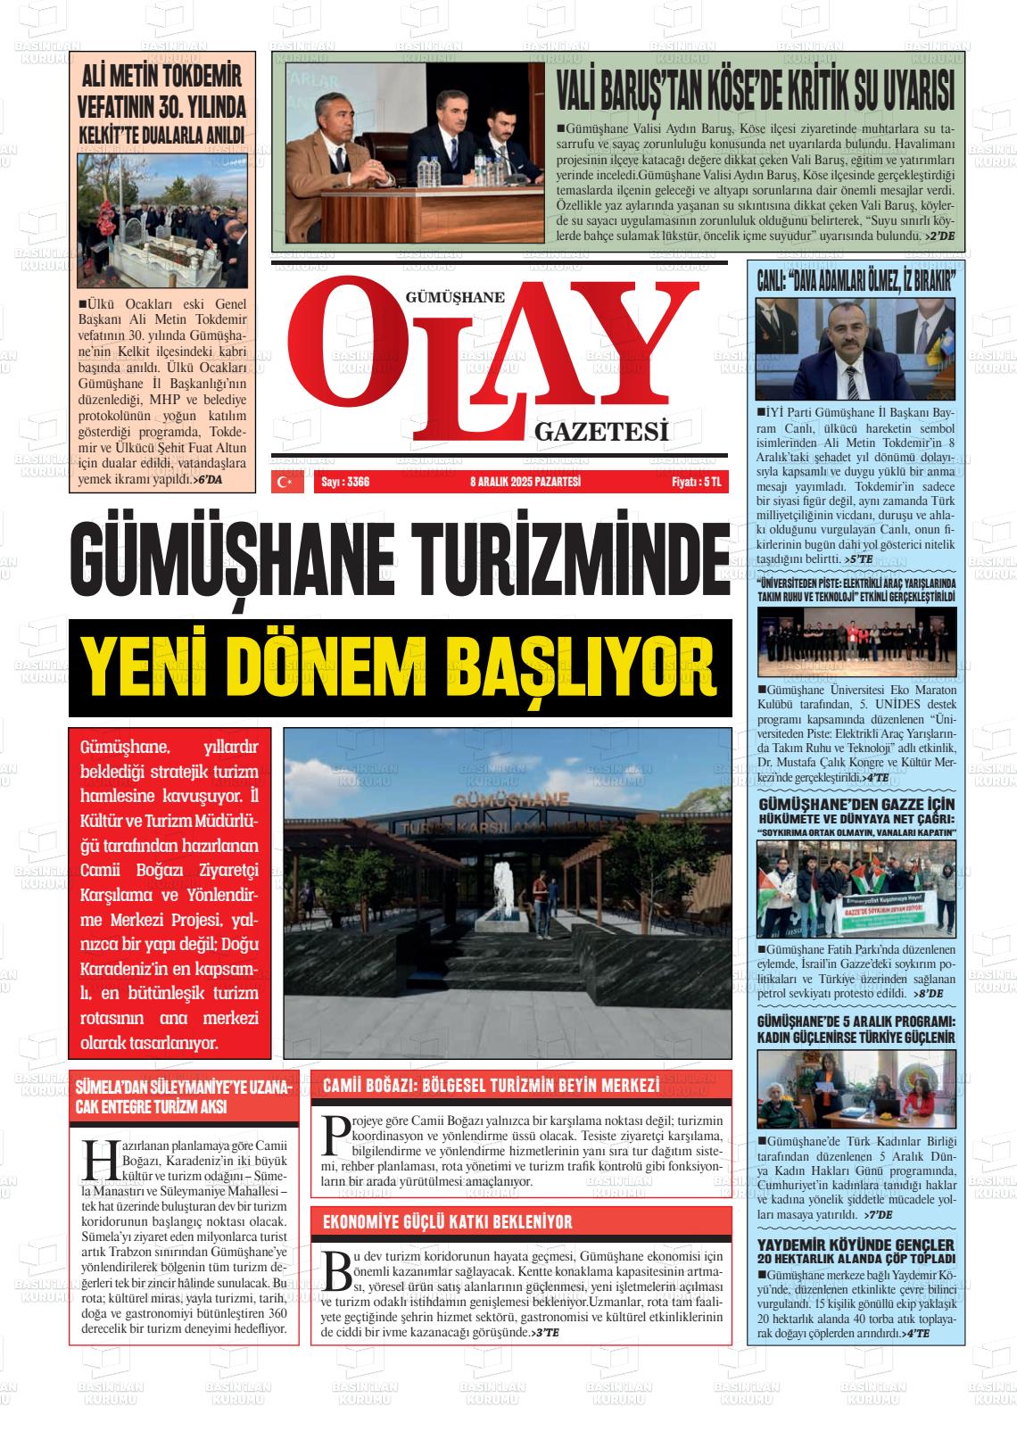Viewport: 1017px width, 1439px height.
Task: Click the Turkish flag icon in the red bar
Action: point(285,482)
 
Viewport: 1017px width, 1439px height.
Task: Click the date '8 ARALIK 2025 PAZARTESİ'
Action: point(525,482)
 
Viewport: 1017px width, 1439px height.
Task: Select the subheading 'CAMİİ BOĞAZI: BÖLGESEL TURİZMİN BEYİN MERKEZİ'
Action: point(491,1086)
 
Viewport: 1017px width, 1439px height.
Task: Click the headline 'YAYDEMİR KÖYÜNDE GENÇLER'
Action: point(856,1244)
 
